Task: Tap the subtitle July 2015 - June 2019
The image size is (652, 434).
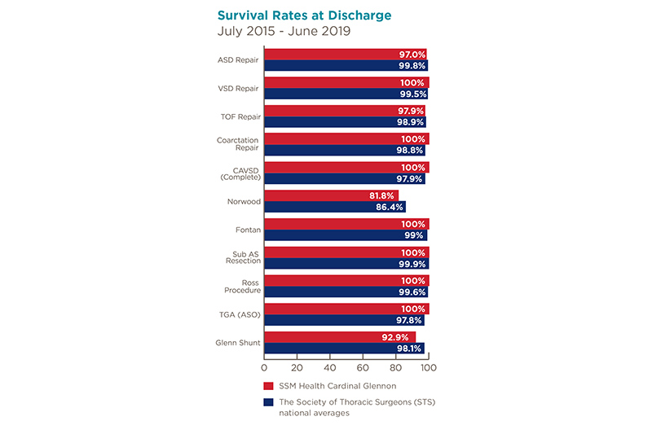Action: click(x=284, y=32)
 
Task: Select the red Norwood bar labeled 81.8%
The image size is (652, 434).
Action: click(x=331, y=195)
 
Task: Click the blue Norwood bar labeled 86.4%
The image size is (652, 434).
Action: click(x=335, y=207)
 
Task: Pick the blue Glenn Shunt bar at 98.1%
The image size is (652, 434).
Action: click(x=344, y=349)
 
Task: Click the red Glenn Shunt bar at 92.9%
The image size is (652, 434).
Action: click(x=340, y=337)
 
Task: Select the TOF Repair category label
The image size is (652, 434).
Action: click(x=241, y=116)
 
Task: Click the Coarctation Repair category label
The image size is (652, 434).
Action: click(x=238, y=144)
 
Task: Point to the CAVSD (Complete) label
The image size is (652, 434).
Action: click(x=240, y=173)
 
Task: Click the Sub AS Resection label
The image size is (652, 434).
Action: click(x=243, y=257)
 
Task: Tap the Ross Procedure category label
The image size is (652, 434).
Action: click(x=242, y=286)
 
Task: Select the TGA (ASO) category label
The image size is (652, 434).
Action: click(x=241, y=314)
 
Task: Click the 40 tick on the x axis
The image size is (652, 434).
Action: click(x=330, y=367)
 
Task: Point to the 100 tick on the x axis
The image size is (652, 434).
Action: click(x=428, y=367)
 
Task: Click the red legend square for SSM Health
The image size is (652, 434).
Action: click(x=267, y=385)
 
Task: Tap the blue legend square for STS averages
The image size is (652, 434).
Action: click(x=267, y=402)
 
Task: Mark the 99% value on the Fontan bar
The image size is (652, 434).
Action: click(x=414, y=235)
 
